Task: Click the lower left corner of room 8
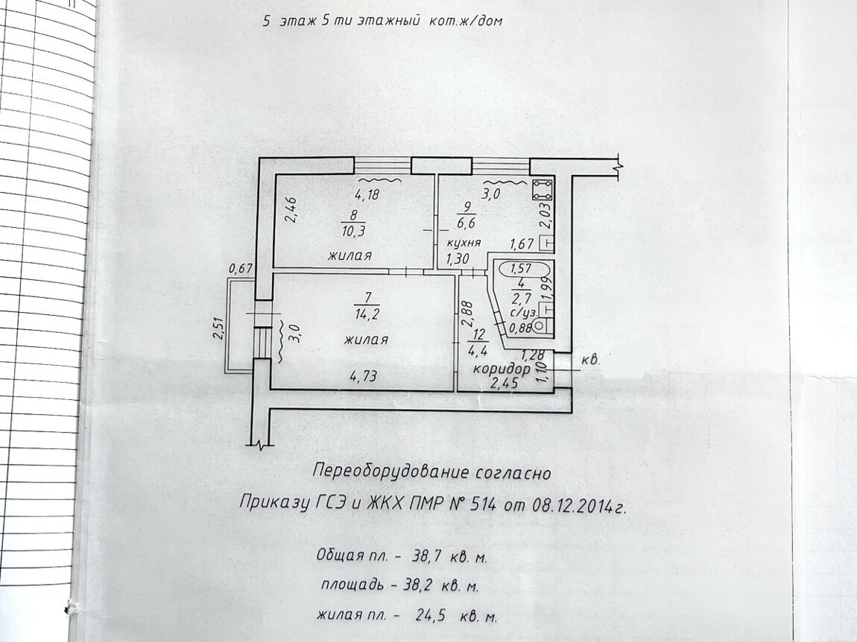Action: tap(273, 267)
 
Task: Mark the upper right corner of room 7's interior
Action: tap(454, 275)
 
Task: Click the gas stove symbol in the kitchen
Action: tap(543, 189)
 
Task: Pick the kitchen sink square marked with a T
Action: tap(546, 244)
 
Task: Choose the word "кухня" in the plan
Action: tap(464, 243)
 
